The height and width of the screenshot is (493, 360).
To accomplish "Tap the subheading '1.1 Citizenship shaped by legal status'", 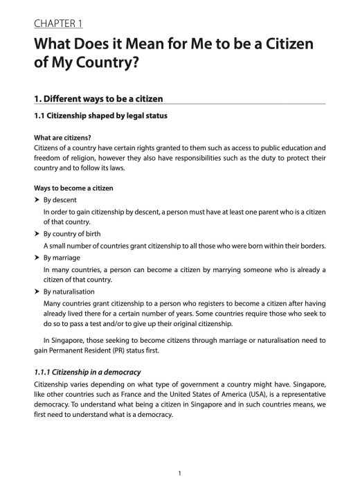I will pyautogui.click(x=100, y=116).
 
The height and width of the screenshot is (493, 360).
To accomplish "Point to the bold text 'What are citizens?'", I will pyautogui.click(x=63, y=137).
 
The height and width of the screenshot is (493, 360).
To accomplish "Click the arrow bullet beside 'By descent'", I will pyautogui.click(x=37, y=199).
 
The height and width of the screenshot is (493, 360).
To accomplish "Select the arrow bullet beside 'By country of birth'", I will pyautogui.click(x=37, y=234).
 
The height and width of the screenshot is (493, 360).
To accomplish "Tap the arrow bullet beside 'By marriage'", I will pyautogui.click(x=37, y=257).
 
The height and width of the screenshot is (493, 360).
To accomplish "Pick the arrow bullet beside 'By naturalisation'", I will pyautogui.click(x=37, y=292).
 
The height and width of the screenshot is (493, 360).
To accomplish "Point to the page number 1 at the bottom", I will pyautogui.click(x=179, y=473).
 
